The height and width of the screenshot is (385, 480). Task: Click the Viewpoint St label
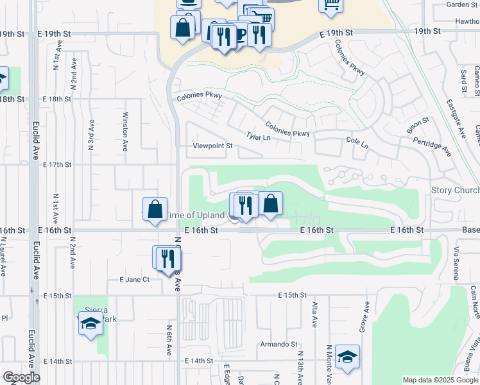click(x=212, y=146)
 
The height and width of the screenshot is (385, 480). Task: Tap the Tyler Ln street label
click(x=259, y=137)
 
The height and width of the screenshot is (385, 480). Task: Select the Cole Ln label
click(x=357, y=142)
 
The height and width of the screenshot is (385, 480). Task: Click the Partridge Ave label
click(x=432, y=146)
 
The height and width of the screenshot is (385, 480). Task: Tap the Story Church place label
click(x=455, y=191)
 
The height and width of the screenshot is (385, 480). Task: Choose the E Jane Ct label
click(x=134, y=279)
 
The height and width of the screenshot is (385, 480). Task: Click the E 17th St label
click(x=57, y=165)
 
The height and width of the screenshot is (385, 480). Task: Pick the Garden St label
click(x=462, y=4)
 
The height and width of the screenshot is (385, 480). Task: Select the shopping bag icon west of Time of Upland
click(x=155, y=209)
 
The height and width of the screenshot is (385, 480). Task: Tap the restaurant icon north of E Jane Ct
click(x=168, y=258)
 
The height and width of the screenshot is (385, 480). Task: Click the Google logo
click(x=21, y=377)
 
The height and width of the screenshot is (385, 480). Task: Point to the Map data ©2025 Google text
click(x=440, y=380)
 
